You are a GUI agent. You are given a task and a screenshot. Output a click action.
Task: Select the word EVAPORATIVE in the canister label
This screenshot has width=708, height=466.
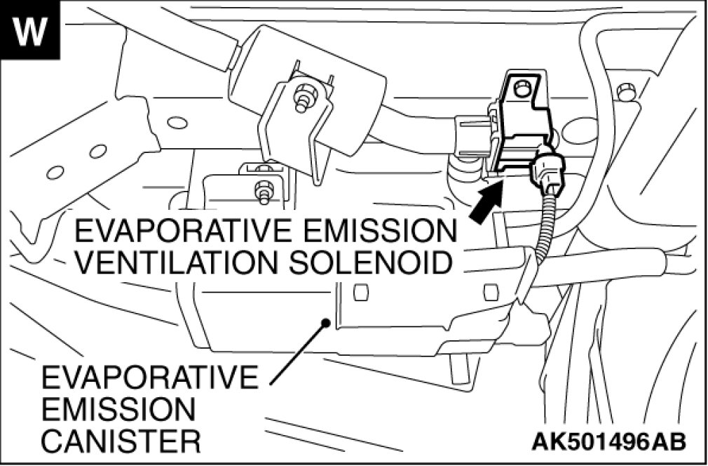click(149, 379)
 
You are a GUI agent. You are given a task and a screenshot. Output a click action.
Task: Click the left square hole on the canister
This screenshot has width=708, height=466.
click(360, 291)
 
